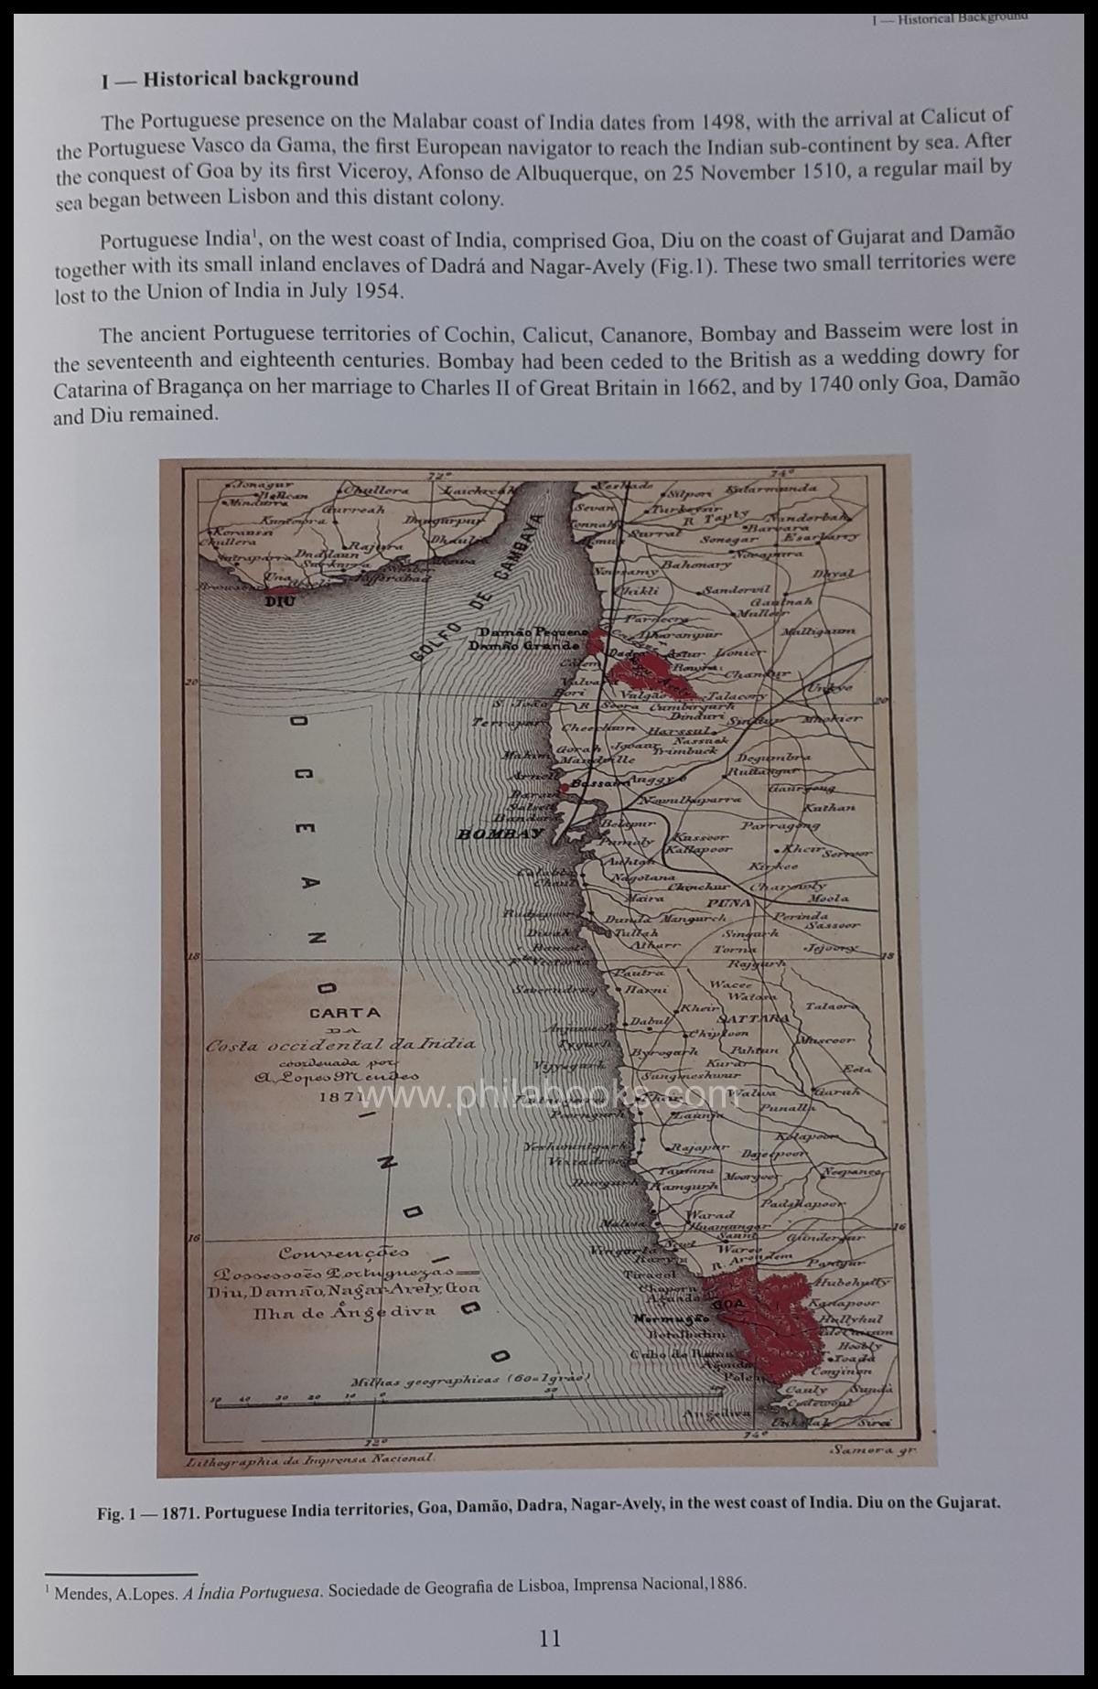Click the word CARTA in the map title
coord(345,1013)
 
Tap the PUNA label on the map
coord(728,903)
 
